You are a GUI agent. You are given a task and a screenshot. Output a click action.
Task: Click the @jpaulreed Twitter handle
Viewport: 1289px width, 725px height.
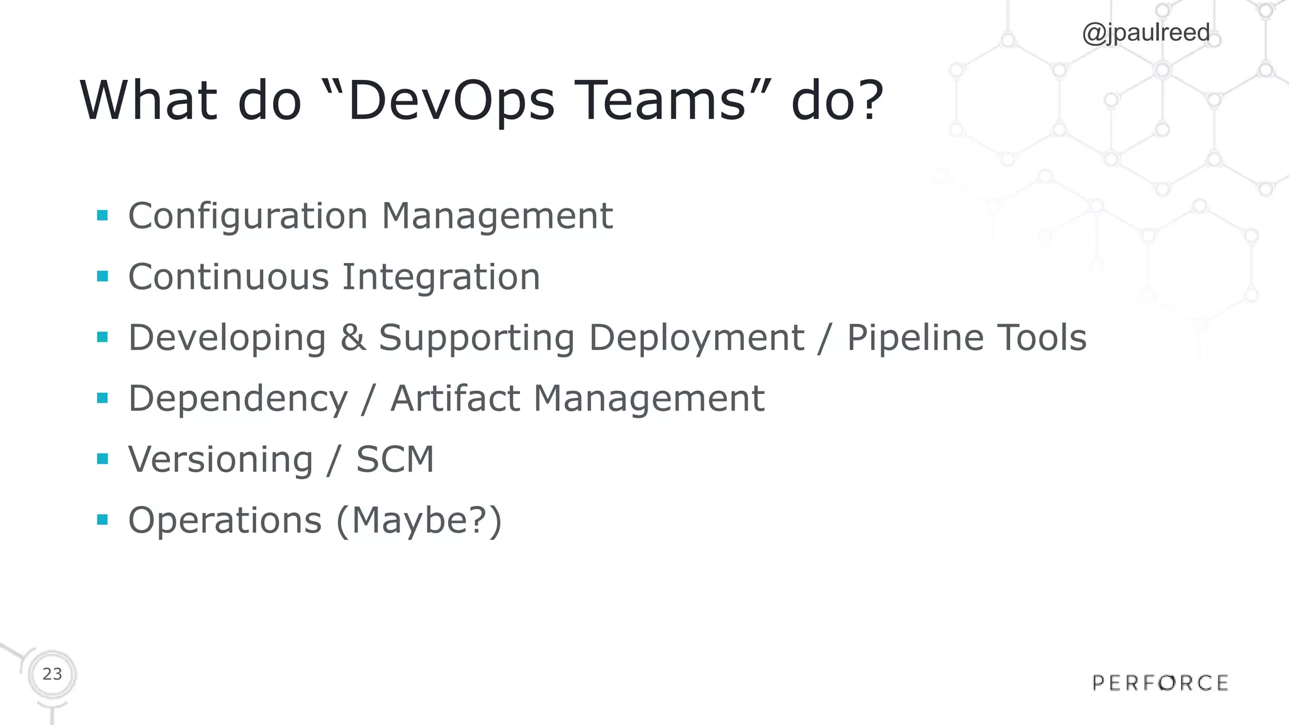pos(1145,33)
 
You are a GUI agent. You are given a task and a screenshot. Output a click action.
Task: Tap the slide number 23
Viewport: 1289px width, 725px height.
pos(52,674)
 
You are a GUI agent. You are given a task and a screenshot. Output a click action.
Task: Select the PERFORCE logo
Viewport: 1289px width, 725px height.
pos(1160,683)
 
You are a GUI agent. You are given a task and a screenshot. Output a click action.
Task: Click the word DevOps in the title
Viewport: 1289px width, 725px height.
pos(451,101)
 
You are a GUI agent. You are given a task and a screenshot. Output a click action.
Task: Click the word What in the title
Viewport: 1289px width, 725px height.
pos(149,101)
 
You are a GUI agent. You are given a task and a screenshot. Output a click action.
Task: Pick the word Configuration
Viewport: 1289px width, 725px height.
pos(248,216)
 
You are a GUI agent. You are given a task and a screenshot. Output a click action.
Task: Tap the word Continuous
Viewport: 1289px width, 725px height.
pos(228,277)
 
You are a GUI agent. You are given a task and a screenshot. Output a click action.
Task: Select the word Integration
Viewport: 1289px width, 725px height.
pos(441,277)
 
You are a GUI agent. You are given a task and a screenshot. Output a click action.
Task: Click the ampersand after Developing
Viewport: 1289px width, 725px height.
pos(352,337)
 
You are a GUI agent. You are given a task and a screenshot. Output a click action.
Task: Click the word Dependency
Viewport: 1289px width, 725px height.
pos(238,399)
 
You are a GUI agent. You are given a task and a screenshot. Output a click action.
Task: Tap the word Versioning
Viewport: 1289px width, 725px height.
pos(220,459)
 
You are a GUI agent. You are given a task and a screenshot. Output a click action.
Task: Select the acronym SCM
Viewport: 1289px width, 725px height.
pos(395,459)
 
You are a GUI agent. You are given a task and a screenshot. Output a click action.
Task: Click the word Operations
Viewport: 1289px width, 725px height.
pos(225,520)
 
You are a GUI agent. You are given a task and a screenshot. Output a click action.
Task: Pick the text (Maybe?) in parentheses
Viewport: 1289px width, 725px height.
pos(419,520)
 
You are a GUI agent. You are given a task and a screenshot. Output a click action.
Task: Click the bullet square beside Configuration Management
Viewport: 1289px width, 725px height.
pos(103,216)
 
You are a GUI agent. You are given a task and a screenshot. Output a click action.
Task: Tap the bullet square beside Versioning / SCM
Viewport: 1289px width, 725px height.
pos(103,459)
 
